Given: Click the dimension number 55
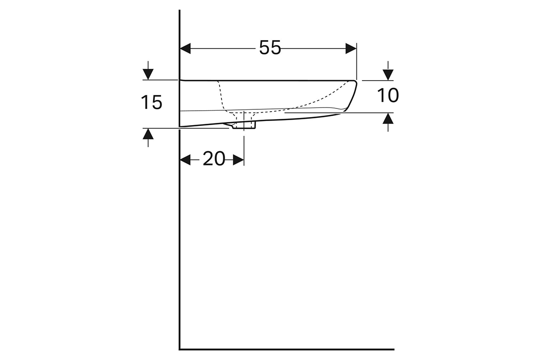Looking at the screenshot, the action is point(270,48).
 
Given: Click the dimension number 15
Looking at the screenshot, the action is point(151,102).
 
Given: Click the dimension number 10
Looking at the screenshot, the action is point(388,95).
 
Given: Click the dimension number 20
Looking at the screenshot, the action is point(214,159).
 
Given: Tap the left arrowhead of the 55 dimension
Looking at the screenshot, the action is point(185,49).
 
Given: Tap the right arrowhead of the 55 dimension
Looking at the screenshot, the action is point(351,49).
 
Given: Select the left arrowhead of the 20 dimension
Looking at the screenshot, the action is point(185,160).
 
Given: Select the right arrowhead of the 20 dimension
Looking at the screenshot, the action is point(238,160).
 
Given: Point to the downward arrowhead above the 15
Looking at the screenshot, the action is point(148,74).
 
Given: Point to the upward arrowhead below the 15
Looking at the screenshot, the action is point(148,134).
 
